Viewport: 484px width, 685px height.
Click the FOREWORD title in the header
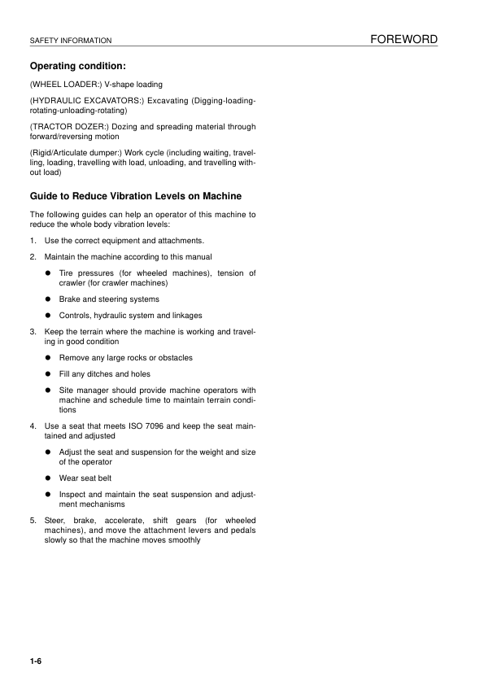[x=403, y=39]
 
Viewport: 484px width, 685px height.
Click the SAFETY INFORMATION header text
[x=69, y=41]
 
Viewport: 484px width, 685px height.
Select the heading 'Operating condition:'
[x=77, y=66]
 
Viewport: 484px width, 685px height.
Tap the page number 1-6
[x=36, y=660]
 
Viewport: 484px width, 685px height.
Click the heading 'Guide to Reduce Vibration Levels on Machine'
[x=135, y=197]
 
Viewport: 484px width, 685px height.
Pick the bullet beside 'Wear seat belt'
[x=49, y=478]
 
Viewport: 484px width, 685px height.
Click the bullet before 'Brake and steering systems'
[x=49, y=299]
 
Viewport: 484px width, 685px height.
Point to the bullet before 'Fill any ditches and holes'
[x=49, y=374]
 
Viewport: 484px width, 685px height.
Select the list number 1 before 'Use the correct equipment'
[x=33, y=241]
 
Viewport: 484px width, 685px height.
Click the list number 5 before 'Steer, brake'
[x=33, y=521]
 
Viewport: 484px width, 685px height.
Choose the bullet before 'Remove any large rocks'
[x=49, y=358]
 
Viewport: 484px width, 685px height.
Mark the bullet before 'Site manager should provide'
[x=49, y=390]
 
